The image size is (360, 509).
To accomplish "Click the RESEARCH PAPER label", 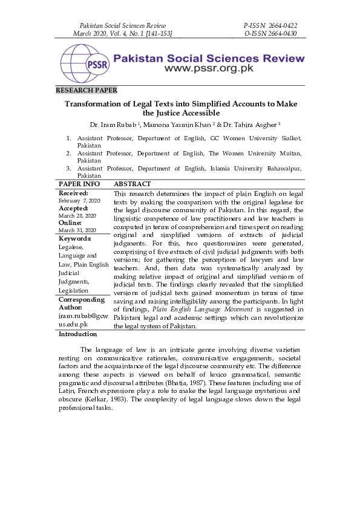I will point(87,90).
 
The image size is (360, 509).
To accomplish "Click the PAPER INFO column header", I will point(79,184).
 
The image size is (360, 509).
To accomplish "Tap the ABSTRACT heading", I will point(133,184).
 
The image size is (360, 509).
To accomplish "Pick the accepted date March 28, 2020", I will point(77,215).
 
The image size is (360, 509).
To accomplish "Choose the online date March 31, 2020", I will point(77,230).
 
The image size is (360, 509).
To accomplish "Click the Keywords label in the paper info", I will point(75,238).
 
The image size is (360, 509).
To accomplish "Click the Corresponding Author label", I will point(81,303).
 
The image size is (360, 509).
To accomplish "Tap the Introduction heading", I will point(78,334).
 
